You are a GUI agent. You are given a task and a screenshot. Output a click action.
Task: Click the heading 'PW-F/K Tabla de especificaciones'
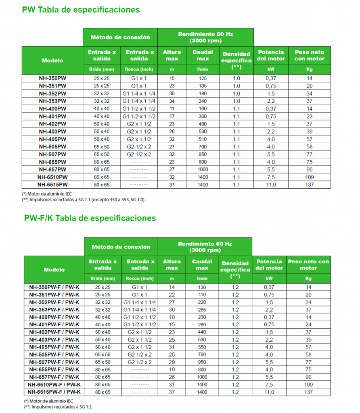pos(90,218)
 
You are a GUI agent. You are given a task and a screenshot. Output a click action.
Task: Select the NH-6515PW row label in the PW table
pos(52,185)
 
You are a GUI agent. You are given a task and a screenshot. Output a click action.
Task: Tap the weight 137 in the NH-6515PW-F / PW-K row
pos(309,392)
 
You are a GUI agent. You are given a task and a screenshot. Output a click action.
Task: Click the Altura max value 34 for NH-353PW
pos(172,101)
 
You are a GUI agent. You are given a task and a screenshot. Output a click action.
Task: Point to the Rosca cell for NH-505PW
pos(139,147)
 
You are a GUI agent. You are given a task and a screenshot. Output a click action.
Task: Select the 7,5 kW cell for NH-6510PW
pos(271,177)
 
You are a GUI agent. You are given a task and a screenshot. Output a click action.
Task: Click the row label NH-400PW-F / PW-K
pos(54,317)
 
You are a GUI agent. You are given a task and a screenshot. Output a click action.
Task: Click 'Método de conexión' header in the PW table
pos(120,37)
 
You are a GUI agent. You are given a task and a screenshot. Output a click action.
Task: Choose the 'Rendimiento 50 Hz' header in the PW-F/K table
pos(205,247)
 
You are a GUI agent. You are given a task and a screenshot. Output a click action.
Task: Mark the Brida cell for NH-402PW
pos(102,124)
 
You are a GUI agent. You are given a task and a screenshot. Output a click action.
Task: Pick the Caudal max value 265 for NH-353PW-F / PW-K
pos(202,309)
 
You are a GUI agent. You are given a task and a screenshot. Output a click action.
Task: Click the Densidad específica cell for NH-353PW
pos(236,101)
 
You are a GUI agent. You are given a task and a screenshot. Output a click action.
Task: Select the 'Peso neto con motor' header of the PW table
pos(310,55)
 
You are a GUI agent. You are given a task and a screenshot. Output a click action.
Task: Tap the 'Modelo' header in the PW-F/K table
pos(54,269)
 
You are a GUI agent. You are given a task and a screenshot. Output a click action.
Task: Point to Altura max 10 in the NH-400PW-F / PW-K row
pos(172,317)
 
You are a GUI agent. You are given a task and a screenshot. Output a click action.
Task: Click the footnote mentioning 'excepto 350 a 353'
pos(84,200)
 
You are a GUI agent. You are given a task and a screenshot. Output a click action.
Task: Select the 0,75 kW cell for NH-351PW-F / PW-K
pos(269,294)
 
